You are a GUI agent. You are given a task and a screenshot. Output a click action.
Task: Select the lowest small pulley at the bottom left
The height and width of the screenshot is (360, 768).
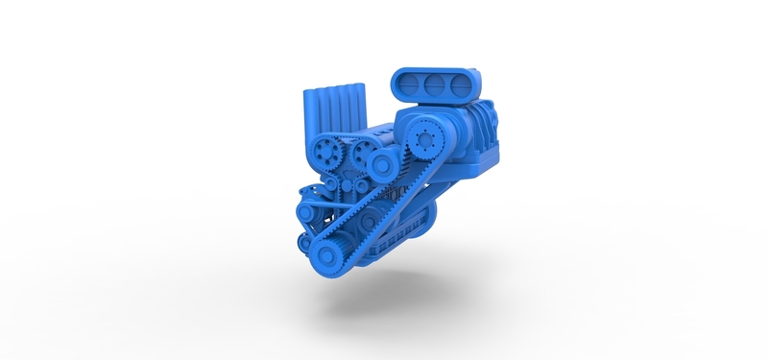[304, 240]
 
